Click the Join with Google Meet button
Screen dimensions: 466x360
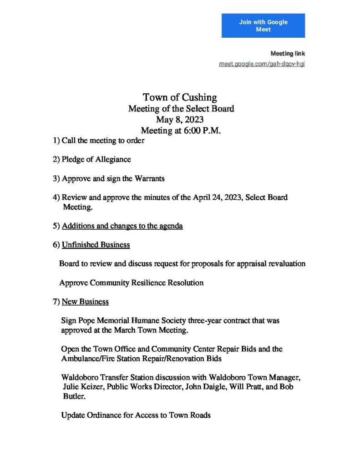click(263, 25)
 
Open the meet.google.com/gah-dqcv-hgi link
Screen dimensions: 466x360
click(262, 64)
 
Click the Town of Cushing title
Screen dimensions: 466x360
click(180, 97)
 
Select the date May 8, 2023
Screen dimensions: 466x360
click(180, 120)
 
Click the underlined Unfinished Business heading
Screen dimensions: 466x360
click(96, 245)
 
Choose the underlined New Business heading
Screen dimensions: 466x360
click(85, 301)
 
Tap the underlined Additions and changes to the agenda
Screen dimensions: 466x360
click(122, 226)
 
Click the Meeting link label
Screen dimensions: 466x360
click(288, 54)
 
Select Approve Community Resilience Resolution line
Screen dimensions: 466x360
click(131, 283)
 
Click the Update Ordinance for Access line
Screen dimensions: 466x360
click(136, 415)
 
